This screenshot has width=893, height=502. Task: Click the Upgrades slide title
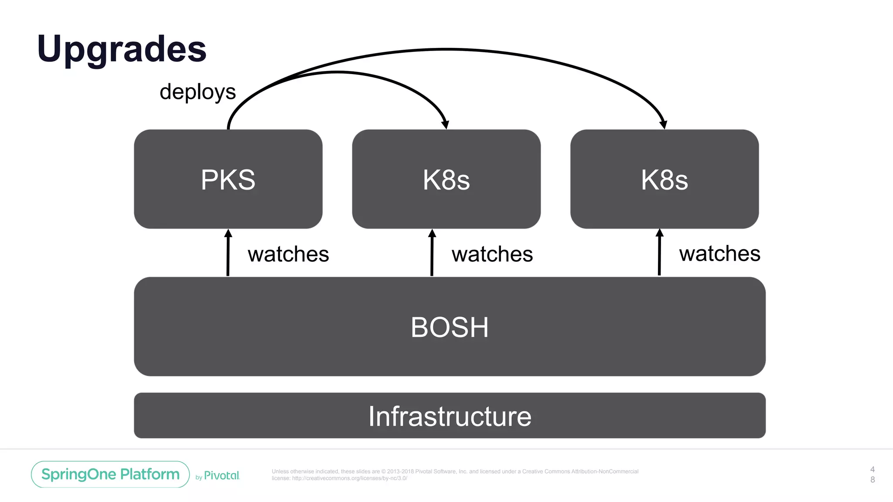click(x=122, y=49)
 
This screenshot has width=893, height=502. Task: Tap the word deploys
click(x=198, y=92)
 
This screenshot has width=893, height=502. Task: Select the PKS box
click(x=228, y=179)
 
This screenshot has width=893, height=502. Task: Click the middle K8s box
click(x=446, y=179)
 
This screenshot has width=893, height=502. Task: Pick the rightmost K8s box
click(x=664, y=179)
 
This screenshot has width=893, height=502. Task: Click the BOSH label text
click(x=450, y=327)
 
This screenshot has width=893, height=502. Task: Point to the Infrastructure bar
click(x=450, y=416)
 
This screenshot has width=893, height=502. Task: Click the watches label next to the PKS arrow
click(x=288, y=254)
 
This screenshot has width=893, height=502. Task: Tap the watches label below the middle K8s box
click(x=492, y=254)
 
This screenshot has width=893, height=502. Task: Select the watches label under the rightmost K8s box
click(x=719, y=254)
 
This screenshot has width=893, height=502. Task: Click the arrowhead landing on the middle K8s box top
click(x=445, y=125)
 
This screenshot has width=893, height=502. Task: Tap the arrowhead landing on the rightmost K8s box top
click(x=663, y=125)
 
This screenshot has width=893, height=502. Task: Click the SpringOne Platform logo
click(x=110, y=474)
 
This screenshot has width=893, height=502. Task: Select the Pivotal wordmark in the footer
click(x=222, y=475)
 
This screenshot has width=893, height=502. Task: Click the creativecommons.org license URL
click(x=349, y=478)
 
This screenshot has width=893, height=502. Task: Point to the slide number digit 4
click(x=872, y=469)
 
